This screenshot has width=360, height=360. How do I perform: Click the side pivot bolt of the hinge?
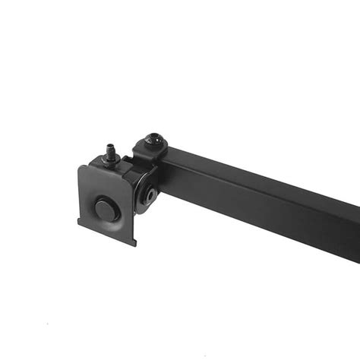[x=151, y=194]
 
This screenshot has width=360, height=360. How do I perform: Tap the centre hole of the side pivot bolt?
[x=152, y=195]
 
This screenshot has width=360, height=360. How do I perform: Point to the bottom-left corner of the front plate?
[x=78, y=223]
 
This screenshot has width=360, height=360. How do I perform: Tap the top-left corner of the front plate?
[x=81, y=167]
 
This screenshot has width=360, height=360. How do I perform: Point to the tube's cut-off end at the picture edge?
[x=357, y=228]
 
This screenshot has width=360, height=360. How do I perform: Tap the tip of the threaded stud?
[x=111, y=141]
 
